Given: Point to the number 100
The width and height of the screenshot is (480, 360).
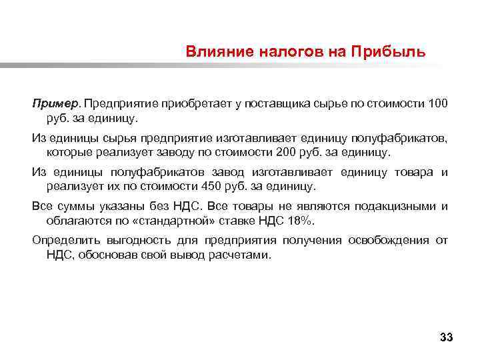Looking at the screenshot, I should click(438, 104).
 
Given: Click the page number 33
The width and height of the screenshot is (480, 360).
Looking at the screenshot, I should click(446, 338).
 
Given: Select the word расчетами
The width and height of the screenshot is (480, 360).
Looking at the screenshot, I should click(239, 255).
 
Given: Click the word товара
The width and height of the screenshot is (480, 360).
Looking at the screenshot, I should click(413, 172).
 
